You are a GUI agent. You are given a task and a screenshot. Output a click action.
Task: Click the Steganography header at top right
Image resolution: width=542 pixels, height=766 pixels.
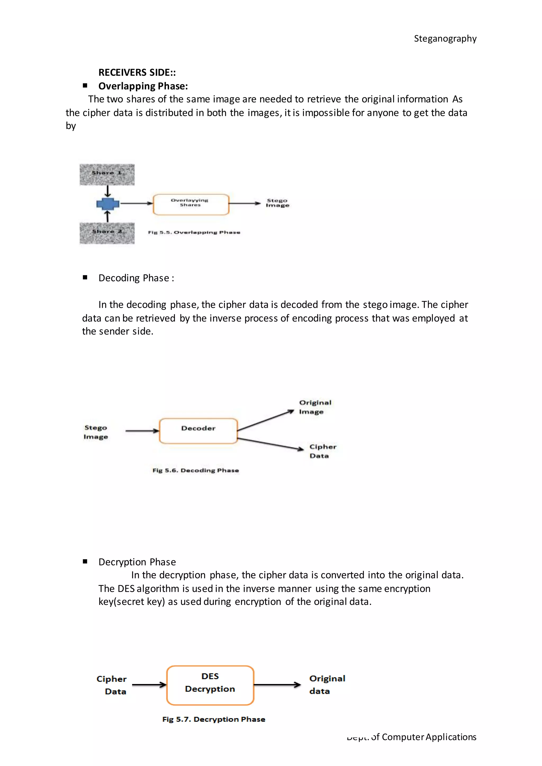pos(445,39)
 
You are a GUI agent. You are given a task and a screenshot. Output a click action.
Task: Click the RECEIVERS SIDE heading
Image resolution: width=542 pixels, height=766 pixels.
pos(137,72)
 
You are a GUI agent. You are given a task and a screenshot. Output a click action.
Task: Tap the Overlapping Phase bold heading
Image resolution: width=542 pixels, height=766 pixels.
pos(143,86)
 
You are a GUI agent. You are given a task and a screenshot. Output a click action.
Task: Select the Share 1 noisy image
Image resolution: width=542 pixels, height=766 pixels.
pos(107,175)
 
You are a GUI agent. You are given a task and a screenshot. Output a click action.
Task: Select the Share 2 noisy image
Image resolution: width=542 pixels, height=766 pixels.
pos(107,233)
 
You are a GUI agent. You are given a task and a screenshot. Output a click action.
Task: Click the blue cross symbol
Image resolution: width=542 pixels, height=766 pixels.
pos(107,203)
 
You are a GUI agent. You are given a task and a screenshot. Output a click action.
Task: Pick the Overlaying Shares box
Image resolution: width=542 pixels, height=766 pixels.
pos(191,204)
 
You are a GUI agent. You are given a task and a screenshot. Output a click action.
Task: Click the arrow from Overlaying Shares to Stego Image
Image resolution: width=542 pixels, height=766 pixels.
pos(244,203)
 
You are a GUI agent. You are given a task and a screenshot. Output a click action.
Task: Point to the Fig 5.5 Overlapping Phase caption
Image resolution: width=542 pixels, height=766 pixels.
pos(194,232)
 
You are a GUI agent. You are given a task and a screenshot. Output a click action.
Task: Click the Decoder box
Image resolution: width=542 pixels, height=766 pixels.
pos(198,430)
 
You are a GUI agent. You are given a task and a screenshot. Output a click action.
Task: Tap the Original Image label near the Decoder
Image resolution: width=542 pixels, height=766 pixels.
pos(315,407)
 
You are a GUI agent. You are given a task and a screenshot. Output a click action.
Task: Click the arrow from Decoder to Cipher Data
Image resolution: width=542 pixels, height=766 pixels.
pos(270,444)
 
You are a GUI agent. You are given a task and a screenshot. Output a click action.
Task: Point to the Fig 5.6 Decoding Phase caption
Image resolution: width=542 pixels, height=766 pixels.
pos(196,470)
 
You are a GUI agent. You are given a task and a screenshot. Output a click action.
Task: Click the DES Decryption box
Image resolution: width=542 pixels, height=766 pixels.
pos(210,685)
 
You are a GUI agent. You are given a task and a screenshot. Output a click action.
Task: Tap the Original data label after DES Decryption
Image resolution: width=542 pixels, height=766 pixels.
pos(327,685)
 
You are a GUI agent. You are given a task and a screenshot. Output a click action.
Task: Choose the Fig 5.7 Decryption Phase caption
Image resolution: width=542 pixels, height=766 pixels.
pos(214,719)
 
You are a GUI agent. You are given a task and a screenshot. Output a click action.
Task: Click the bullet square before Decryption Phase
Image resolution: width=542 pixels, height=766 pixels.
pos(85,562)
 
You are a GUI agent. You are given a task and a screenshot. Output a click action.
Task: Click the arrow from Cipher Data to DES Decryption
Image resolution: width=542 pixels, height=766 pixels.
pos(149,685)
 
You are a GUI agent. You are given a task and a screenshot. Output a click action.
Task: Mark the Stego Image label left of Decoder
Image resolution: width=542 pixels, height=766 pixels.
pos(96,432)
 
